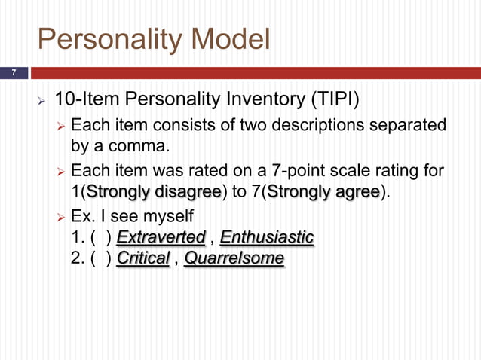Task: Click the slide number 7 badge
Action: [x=13, y=73]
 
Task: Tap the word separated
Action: [x=409, y=124]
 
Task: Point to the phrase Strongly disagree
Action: [x=155, y=191]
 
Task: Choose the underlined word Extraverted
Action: [x=161, y=238]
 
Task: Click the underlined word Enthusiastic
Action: [x=267, y=238]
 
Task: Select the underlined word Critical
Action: [x=143, y=259]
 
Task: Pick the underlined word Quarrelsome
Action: [x=234, y=259]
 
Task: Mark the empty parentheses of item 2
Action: [x=102, y=259]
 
